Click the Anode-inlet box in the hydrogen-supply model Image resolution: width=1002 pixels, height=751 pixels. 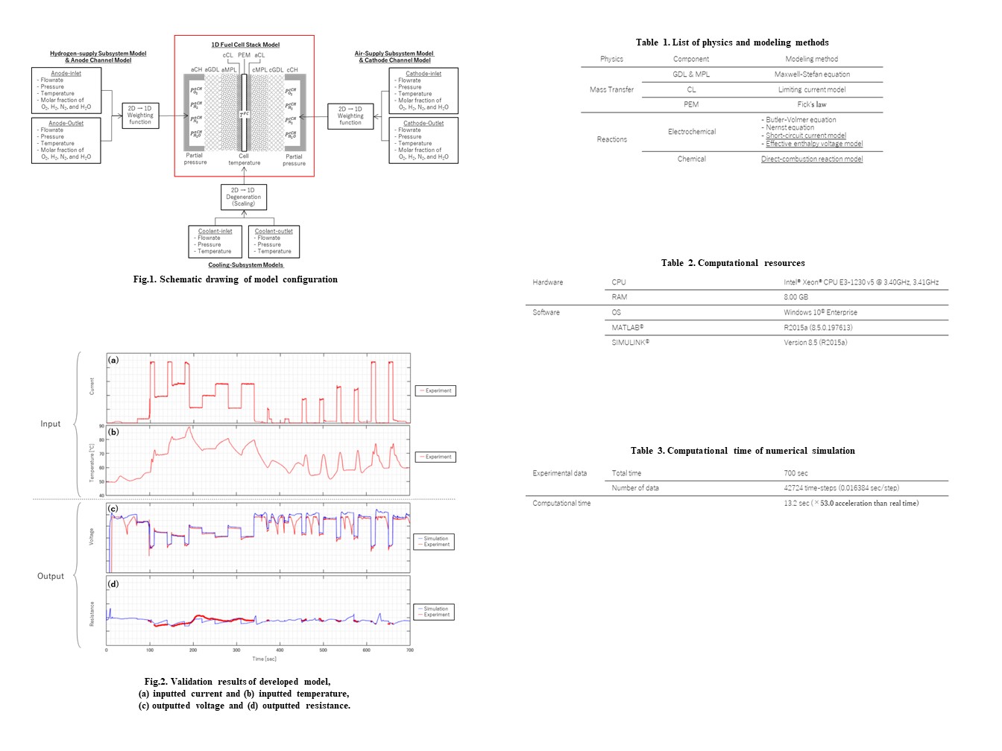[x=66, y=90]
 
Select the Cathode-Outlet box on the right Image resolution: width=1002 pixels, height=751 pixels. [x=423, y=140]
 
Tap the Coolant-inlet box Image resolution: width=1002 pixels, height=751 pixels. [x=215, y=241]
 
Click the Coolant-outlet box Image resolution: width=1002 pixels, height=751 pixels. [x=274, y=241]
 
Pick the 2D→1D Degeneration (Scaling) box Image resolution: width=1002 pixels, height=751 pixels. [x=244, y=197]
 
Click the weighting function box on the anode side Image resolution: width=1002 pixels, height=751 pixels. [x=140, y=115]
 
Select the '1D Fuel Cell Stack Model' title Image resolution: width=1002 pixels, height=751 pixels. [x=245, y=45]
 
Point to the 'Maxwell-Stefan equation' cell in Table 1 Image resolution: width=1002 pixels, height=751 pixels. [x=812, y=75]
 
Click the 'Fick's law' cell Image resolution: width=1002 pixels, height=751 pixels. [x=812, y=104]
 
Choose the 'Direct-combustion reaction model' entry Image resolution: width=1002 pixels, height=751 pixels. [x=812, y=159]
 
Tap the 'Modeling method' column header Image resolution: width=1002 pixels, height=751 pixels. [x=811, y=59]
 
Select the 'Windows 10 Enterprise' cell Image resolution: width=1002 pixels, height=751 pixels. [x=820, y=312]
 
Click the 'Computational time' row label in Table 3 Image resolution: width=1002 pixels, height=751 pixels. [x=561, y=503]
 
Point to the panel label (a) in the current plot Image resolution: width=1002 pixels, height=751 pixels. [x=113, y=360]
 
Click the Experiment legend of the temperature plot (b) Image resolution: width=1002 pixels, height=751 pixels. [x=435, y=457]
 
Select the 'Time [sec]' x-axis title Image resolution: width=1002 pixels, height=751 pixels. [x=264, y=659]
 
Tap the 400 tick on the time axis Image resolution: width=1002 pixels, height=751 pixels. [x=280, y=650]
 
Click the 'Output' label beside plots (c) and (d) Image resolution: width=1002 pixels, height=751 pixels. [x=51, y=576]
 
